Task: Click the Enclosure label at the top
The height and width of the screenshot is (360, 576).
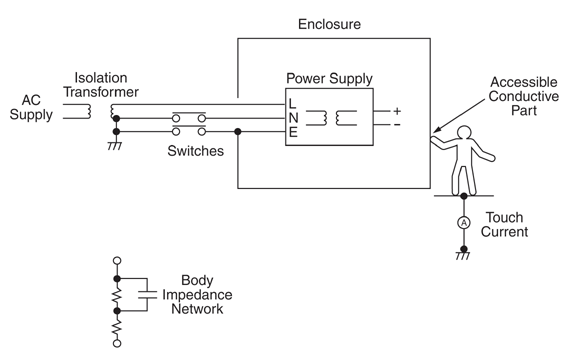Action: pyautogui.click(x=329, y=24)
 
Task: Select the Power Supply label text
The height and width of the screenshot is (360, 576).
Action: pyautogui.click(x=329, y=79)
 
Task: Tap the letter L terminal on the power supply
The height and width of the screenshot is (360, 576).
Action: pyautogui.click(x=292, y=104)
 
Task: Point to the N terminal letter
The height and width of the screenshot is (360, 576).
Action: pyautogui.click(x=293, y=118)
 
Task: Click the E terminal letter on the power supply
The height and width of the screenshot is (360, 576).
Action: pyautogui.click(x=293, y=132)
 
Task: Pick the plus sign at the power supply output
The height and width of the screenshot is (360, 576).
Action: pyautogui.click(x=397, y=111)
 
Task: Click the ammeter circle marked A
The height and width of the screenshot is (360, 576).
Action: pyautogui.click(x=464, y=223)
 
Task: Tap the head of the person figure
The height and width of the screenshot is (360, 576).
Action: pyautogui.click(x=464, y=133)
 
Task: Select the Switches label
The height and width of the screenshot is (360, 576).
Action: pyautogui.click(x=195, y=151)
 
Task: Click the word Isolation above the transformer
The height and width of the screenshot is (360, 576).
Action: pyautogui.click(x=101, y=78)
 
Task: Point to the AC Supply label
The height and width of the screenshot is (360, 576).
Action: pyautogui.click(x=31, y=108)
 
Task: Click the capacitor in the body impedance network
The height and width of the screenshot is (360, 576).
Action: pyautogui.click(x=147, y=295)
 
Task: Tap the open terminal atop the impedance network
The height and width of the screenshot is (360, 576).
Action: pyautogui.click(x=117, y=261)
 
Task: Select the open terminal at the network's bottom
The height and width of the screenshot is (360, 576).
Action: pyautogui.click(x=117, y=343)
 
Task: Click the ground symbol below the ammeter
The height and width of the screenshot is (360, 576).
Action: pyautogui.click(x=463, y=256)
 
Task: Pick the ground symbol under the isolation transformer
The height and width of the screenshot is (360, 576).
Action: pyautogui.click(x=115, y=146)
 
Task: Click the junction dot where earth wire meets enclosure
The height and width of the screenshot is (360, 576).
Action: pyautogui.click(x=238, y=132)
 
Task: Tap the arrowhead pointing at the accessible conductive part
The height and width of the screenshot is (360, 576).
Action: pyautogui.click(x=437, y=129)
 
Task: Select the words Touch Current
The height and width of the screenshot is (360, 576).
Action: pyautogui.click(x=504, y=224)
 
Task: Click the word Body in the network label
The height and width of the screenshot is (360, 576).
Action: pyautogui.click(x=197, y=281)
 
